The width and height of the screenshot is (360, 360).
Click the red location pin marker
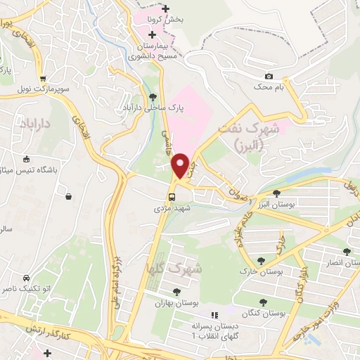click(x=181, y=166)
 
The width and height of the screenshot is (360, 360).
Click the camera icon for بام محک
click(x=269, y=76)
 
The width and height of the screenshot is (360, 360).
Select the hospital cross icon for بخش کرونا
click(x=165, y=8)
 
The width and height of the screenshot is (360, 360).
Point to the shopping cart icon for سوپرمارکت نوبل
click(x=43, y=79)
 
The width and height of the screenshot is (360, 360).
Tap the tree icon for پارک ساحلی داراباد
click(x=153, y=96)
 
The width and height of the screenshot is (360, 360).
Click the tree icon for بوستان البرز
click(x=276, y=193)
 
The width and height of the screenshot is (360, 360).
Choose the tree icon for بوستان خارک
click(x=262, y=260)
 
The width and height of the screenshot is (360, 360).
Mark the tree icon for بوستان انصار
click(x=346, y=251)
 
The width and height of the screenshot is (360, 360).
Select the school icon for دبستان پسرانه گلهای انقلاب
click(x=215, y=315)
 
